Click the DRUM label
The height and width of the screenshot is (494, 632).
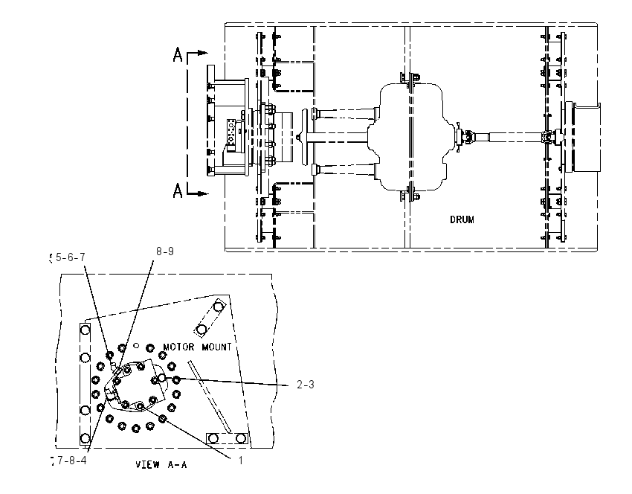pos(462,219)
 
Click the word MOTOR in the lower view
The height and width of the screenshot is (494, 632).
pos(178,347)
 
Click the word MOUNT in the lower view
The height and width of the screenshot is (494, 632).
pos(216,347)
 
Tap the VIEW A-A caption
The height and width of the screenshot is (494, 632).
pos(161,464)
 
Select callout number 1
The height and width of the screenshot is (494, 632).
pos(241,460)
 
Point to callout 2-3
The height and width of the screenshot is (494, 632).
pos(305,385)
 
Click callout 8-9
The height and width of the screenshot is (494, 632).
pos(165,251)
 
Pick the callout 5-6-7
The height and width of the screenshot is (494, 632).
pos(71,257)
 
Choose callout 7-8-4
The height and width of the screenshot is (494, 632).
pos(71,460)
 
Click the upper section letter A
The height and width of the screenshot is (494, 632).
pos(178,54)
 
